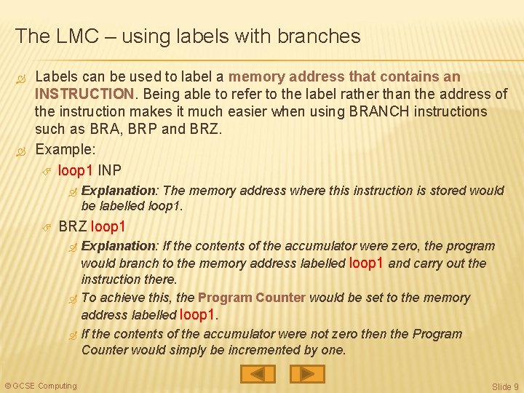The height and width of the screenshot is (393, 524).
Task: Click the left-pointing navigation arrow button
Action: (258, 374)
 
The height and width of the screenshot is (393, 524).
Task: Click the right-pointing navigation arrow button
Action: (307, 374)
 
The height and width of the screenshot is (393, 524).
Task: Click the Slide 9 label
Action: (505, 386)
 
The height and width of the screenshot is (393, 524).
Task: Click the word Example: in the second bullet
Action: (65, 149)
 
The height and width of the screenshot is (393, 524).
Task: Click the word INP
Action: (110, 170)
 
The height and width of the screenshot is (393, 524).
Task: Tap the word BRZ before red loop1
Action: (73, 226)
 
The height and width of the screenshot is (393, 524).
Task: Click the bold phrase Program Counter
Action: (251, 298)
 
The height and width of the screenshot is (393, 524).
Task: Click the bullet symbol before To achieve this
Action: (71, 298)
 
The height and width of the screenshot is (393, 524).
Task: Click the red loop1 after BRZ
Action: (108, 226)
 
